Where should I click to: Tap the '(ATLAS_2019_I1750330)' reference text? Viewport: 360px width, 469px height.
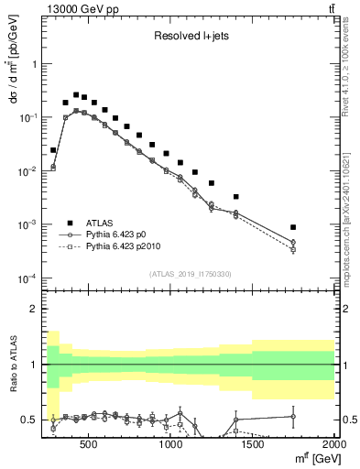tap(190, 274)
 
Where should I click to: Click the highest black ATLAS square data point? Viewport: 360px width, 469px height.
tap(77, 93)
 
